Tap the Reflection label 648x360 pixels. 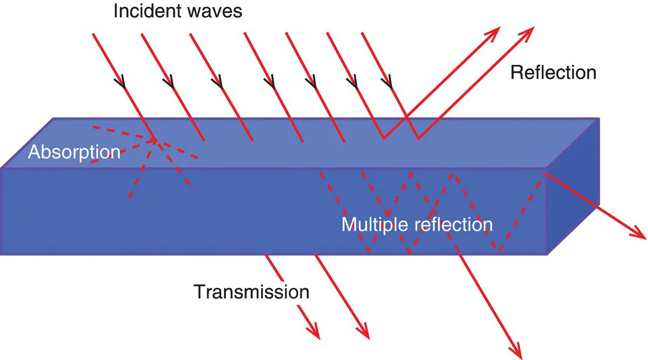[553, 73]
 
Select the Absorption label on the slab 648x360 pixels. [74, 152]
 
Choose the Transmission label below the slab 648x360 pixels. [252, 292]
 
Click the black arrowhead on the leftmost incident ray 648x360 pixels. [124, 83]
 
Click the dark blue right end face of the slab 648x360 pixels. [573, 188]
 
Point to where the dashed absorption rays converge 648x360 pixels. [156, 139]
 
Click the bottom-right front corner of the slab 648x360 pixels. [547, 254]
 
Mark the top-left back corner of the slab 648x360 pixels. [54, 118]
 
